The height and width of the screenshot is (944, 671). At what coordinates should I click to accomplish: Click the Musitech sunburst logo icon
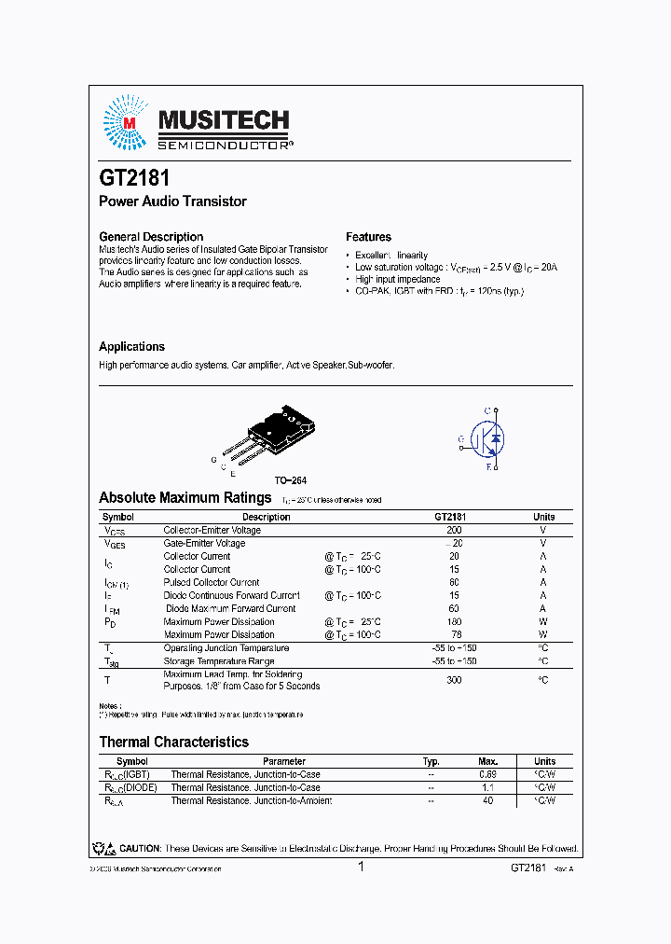(124, 123)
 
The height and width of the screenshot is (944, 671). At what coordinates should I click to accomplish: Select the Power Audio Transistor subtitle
(172, 201)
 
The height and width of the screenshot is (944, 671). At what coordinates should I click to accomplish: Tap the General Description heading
(151, 237)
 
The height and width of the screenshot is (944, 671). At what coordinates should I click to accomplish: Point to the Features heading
(368, 237)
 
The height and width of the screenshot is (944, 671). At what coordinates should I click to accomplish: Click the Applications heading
(131, 346)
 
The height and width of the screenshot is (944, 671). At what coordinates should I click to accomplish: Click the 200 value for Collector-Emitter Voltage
(454, 530)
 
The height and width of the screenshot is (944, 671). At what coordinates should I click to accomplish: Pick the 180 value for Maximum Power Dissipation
(454, 621)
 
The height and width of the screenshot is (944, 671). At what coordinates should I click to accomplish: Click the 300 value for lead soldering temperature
(454, 680)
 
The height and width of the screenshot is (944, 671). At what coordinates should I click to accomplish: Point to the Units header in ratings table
(543, 517)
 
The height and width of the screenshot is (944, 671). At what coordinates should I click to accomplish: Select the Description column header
(266, 517)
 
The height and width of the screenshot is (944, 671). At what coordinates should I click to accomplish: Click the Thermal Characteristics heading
(173, 743)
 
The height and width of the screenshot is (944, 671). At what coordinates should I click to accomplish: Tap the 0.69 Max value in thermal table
(487, 774)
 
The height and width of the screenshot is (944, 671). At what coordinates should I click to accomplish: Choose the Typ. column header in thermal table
(431, 761)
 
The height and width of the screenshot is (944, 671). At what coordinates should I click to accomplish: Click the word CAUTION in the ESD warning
(138, 849)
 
